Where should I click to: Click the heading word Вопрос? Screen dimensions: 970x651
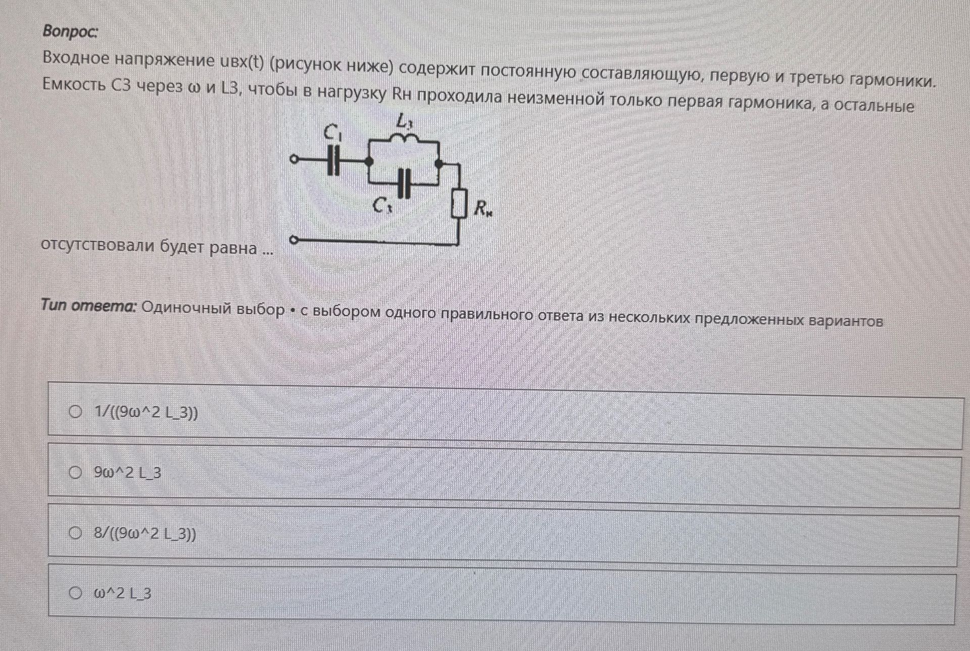(x=70, y=31)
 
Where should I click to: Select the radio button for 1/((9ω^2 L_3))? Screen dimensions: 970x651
(x=75, y=412)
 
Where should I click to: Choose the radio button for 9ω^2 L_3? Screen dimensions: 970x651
(x=75, y=472)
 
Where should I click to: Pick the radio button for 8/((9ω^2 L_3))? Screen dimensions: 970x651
(x=75, y=533)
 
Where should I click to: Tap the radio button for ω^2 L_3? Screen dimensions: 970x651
(x=75, y=593)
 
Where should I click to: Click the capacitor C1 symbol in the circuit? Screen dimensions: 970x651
(x=333, y=161)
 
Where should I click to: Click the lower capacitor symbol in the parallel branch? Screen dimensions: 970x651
(x=404, y=183)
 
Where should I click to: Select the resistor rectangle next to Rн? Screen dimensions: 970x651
(x=459, y=204)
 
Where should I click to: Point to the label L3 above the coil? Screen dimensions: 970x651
(x=405, y=121)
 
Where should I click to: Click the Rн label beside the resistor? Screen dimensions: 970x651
(x=483, y=208)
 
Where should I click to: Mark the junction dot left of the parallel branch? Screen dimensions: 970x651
(x=369, y=162)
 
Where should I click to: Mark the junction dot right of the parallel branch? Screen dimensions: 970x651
(x=439, y=164)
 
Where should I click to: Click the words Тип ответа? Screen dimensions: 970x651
(x=89, y=306)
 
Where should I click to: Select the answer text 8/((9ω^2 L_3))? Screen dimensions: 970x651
(x=145, y=533)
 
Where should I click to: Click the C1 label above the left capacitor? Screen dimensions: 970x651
(x=333, y=133)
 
